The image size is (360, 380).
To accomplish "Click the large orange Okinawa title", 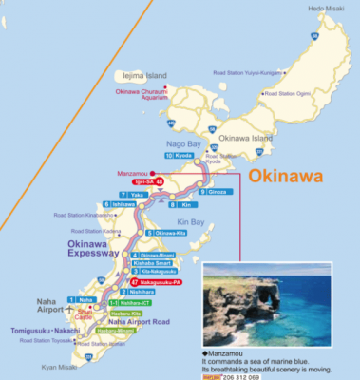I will [286, 177].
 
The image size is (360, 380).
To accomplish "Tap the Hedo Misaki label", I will [326, 9].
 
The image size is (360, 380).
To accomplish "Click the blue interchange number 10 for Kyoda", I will [169, 154].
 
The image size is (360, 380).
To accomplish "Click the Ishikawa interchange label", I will [130, 204].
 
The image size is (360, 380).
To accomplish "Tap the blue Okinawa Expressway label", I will [93, 250].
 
